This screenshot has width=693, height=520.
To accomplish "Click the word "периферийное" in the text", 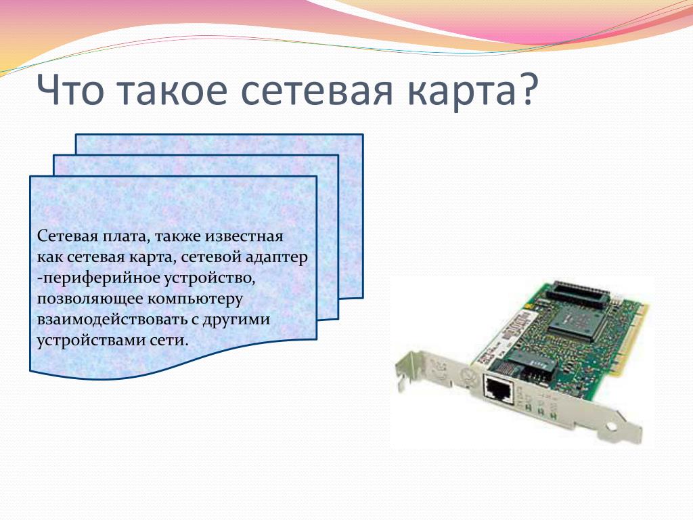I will point(98,278).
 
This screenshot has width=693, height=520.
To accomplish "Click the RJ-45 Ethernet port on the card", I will point(497,389).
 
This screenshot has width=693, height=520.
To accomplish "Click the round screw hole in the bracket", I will point(612,428).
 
